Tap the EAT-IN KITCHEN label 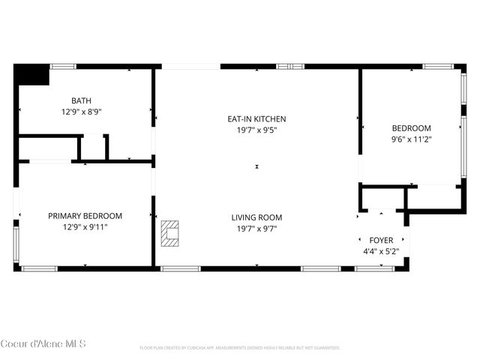coord(256,118)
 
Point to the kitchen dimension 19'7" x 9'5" coord(256,130)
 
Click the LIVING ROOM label coord(256,217)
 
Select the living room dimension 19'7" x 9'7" coord(256,229)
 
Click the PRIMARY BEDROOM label coord(85,215)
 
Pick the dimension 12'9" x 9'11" coord(85,226)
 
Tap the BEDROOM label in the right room coord(411,127)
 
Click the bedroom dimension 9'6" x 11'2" coord(411,139)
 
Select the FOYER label coord(381,240)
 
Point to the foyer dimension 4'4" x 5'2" coord(381,252)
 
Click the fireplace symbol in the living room coord(170,233)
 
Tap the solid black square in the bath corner coord(31,75)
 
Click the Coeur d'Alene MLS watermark coord(43,344)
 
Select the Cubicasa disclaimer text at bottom coord(240,348)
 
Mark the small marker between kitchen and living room coord(256,166)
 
